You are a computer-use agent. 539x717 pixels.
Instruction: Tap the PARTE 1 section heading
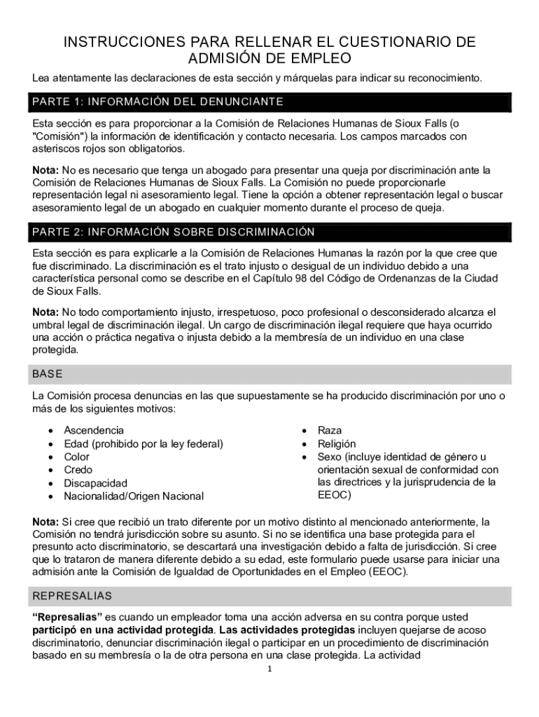pos(157,102)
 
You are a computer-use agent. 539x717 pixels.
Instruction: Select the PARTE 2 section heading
pos(173,232)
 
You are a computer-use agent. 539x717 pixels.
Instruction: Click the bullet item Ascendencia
pos(94,430)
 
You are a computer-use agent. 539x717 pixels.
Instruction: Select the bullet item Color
pos(77,457)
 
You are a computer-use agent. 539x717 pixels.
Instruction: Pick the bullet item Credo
pos(78,470)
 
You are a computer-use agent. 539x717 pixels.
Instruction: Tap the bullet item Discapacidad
pos(96,483)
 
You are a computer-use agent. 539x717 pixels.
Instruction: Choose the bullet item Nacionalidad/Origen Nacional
pos(134,496)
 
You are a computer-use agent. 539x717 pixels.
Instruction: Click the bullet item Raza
pos(330,430)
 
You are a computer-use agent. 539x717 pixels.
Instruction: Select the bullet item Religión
pos(337,443)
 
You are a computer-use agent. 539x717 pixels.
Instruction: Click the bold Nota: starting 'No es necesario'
pos(45,170)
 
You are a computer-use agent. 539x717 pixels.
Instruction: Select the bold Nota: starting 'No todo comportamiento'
pos(45,312)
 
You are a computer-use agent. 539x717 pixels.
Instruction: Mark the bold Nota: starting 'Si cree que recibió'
pos(45,522)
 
